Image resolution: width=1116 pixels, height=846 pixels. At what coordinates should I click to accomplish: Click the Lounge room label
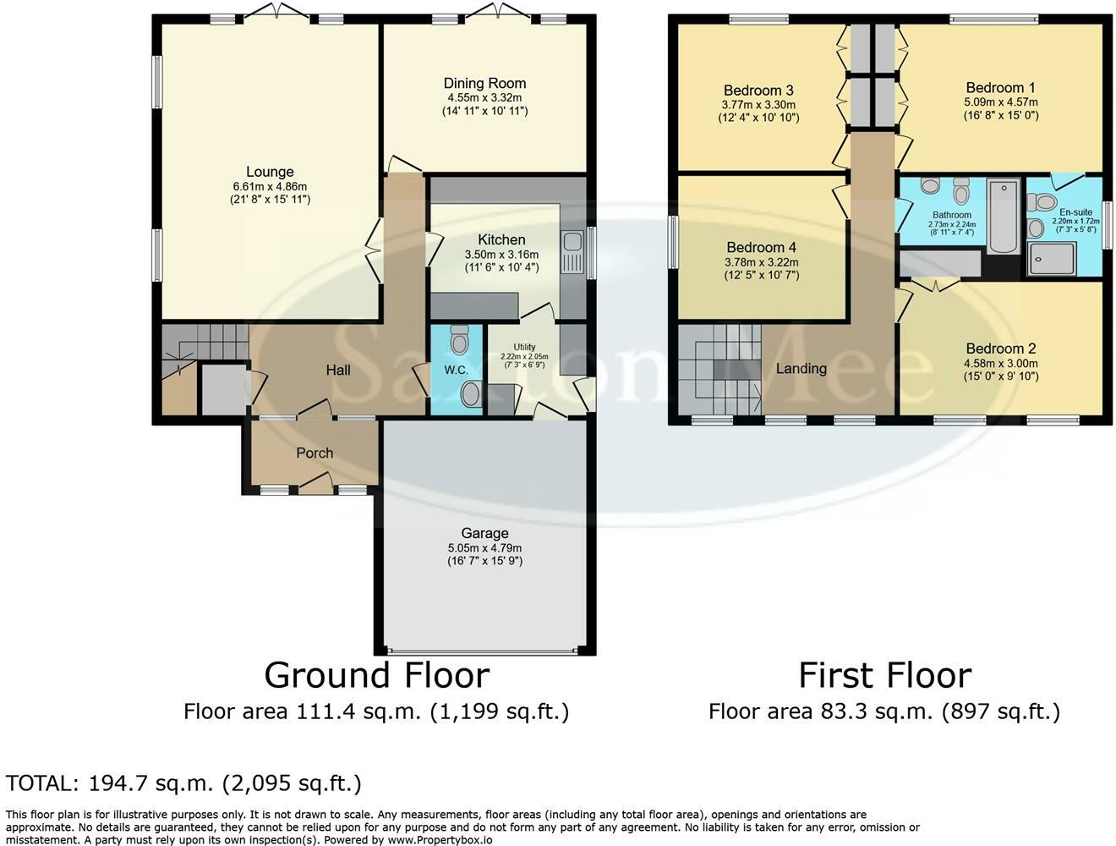(270, 172)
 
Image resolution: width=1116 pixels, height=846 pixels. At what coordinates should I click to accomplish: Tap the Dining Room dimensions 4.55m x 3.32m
(484, 97)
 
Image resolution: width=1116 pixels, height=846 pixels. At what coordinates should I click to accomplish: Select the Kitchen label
(501, 240)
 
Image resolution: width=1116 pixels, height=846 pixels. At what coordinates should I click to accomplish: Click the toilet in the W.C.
(460, 340)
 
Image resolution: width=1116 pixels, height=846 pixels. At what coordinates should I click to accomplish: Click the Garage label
(484, 533)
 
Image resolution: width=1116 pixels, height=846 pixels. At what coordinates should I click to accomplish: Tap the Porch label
(315, 453)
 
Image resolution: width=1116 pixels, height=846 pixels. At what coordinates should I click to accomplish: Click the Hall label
(338, 371)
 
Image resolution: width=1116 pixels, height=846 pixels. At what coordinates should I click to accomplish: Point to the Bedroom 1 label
(1000, 88)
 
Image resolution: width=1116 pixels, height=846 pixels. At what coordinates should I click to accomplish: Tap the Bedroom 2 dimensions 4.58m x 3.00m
(1001, 364)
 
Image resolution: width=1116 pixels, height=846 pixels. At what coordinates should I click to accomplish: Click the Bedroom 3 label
(758, 91)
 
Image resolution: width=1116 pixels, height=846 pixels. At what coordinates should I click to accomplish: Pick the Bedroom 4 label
(761, 248)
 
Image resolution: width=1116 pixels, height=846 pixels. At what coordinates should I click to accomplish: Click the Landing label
(801, 369)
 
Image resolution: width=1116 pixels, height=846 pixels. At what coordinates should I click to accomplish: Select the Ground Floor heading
(376, 675)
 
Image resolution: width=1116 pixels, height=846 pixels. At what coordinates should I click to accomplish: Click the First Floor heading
(884, 675)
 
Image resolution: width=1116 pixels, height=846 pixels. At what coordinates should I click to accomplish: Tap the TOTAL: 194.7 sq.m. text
(183, 783)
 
